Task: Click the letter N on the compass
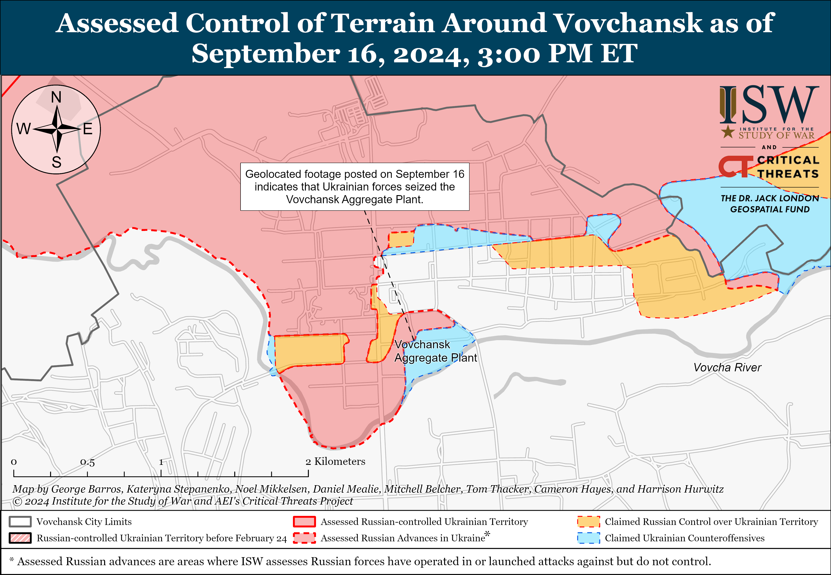coord(56,97)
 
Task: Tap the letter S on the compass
coord(57,162)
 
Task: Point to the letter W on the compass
coord(24,129)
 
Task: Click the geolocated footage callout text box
coord(355,187)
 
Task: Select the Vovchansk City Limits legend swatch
coord(20,522)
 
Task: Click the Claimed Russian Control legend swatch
coord(588,522)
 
